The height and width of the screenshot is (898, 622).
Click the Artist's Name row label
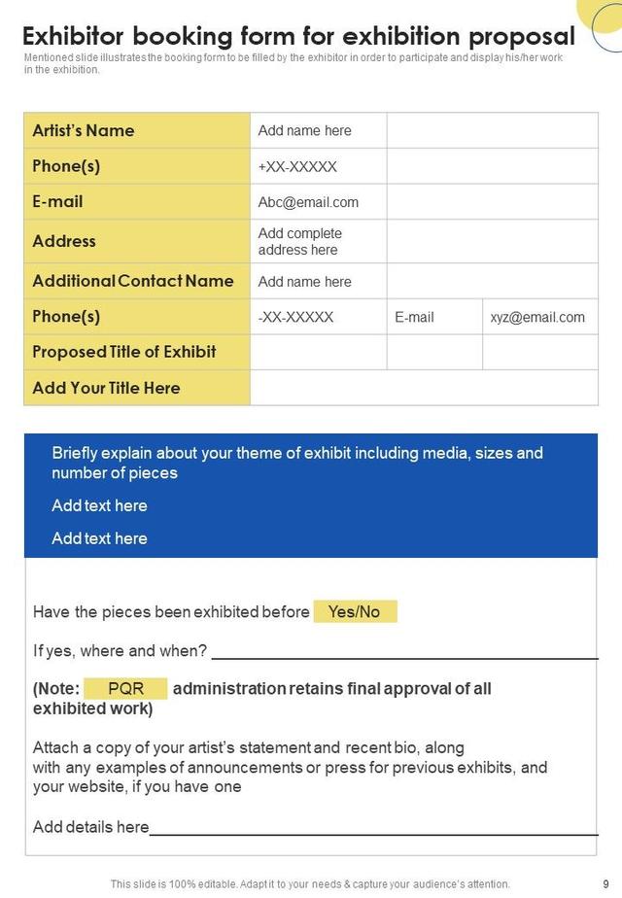pos(84,130)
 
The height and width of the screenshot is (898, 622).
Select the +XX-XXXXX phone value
pos(297,166)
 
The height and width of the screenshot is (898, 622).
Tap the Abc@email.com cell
pos(308,202)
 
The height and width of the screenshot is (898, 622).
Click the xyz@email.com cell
pos(537,317)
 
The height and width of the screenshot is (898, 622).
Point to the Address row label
pos(64,241)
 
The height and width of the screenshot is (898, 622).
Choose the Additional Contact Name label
pos(133,281)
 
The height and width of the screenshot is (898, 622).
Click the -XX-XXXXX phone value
pos(295,317)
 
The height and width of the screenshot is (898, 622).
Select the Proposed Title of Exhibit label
pos(124,352)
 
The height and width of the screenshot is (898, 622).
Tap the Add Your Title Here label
pos(106,388)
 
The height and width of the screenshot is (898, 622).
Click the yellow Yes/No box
pos(355,611)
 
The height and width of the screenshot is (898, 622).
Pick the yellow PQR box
pos(125,688)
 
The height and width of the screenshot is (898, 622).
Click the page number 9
pos(605,883)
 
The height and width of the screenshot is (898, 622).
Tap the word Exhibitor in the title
pos(74,37)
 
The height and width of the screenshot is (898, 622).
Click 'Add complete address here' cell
pos(300,241)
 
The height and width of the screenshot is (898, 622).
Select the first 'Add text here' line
pos(99,505)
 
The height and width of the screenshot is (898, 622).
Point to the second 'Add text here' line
pos(99,538)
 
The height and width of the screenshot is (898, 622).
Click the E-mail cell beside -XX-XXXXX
pos(414,317)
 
